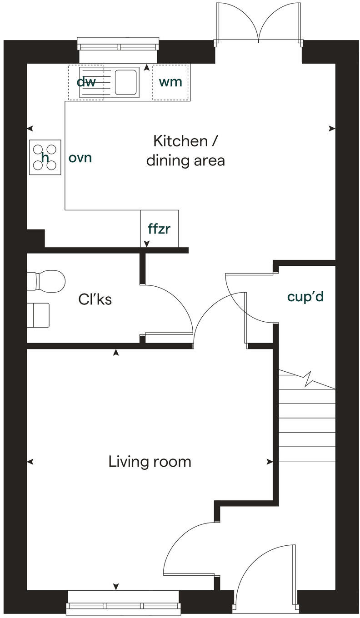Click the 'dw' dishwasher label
[x=86, y=82]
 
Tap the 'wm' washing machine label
[x=170, y=82]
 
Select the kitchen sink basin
[x=127, y=81]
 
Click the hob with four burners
[x=45, y=157]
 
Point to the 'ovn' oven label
[x=80, y=158]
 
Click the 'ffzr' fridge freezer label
[x=159, y=229]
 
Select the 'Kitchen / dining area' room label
[x=185, y=150]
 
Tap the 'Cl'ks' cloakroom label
[x=95, y=299]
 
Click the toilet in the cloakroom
[x=46, y=280]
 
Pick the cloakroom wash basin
[x=39, y=315]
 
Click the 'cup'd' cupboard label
[x=305, y=297]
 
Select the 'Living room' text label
[x=150, y=462]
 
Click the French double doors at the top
[x=258, y=23]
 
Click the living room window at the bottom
[x=124, y=606]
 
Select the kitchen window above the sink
[x=119, y=46]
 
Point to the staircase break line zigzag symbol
[x=308, y=378]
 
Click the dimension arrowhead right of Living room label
[x=270, y=462]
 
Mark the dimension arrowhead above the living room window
[x=116, y=586]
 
